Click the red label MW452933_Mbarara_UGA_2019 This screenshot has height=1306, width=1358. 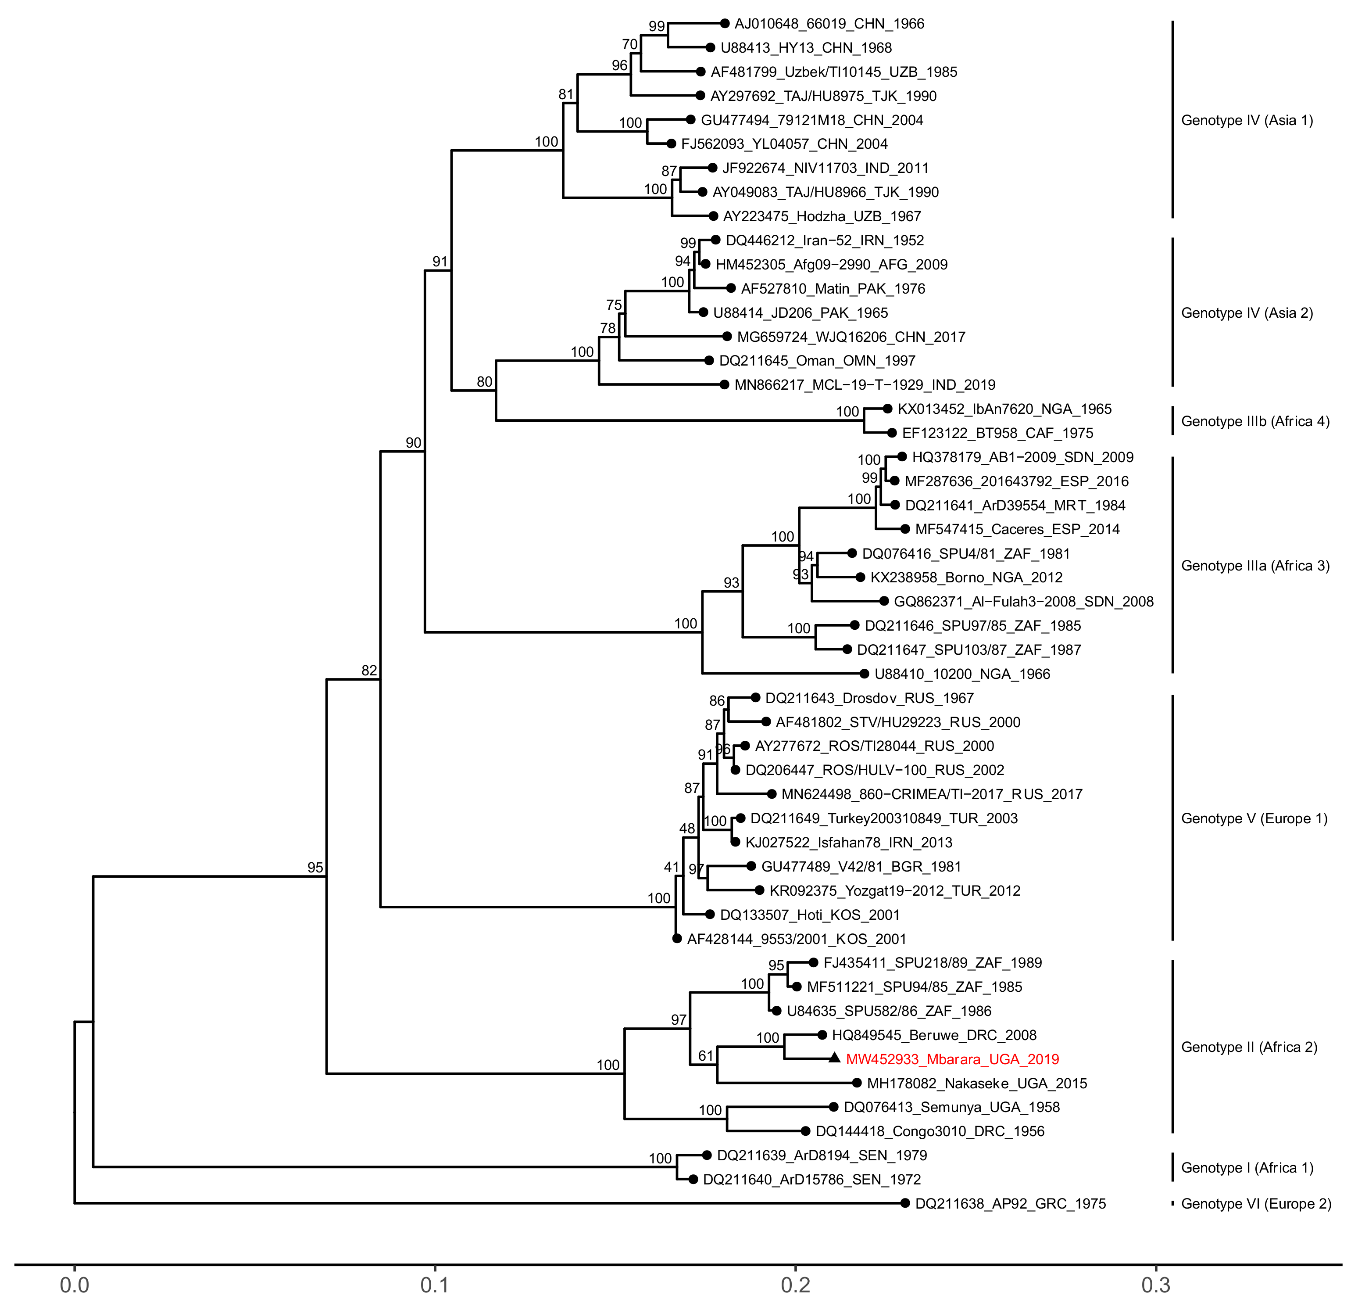pyautogui.click(x=952, y=1059)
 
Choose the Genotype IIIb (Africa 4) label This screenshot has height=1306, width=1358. pyautogui.click(x=1255, y=421)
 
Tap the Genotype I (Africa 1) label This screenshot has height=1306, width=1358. pyautogui.click(x=1247, y=1168)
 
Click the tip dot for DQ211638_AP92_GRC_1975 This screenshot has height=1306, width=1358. pyautogui.click(x=905, y=1203)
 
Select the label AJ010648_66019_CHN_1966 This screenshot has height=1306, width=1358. pyautogui.click(x=829, y=24)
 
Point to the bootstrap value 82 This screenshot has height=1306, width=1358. pyautogui.click(x=369, y=670)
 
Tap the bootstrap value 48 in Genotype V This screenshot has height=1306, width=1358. pyautogui.click(x=686, y=829)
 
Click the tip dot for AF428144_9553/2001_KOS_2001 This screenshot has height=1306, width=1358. pyautogui.click(x=677, y=939)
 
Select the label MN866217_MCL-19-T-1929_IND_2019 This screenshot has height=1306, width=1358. pyautogui.click(x=865, y=385)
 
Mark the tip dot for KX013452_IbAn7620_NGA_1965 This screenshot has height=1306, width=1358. pyautogui.click(x=887, y=409)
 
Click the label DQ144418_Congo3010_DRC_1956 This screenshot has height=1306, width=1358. pyautogui.click(x=930, y=1131)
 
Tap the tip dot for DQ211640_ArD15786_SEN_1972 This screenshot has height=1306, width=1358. pyautogui.click(x=693, y=1179)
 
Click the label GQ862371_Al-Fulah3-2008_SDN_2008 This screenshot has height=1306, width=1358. pyautogui.click(x=1023, y=602)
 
